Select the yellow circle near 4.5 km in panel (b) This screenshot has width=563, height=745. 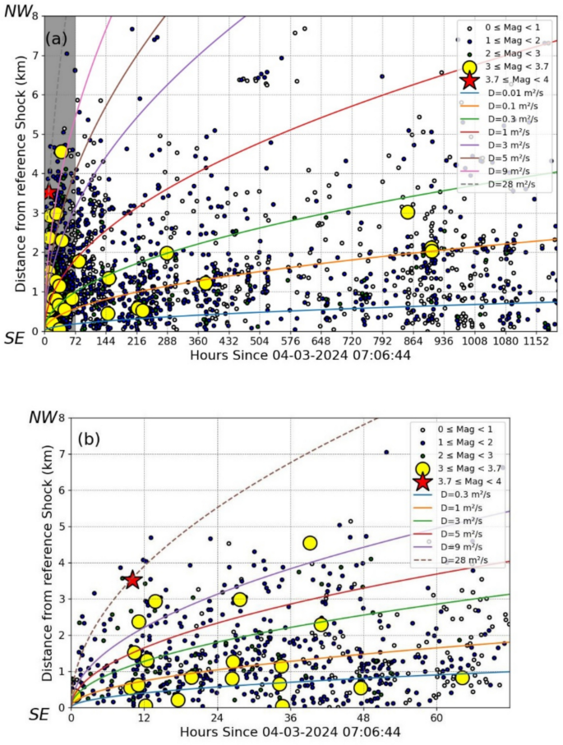tap(310, 543)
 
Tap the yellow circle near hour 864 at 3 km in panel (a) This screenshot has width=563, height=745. tap(407, 212)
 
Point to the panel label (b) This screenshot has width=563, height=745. tap(89, 439)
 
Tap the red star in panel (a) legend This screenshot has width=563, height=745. tap(469, 80)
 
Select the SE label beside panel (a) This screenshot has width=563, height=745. tap(14, 338)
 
